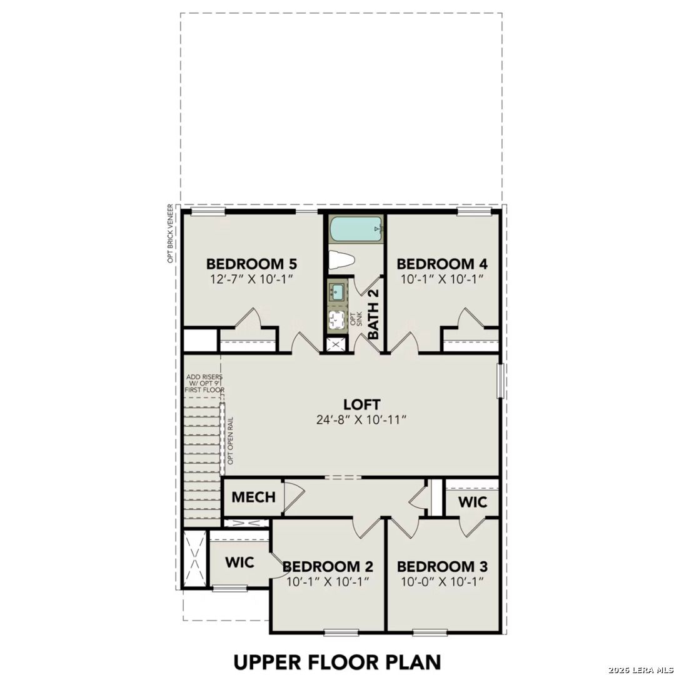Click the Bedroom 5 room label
click(251, 263)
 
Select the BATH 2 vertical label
click(373, 314)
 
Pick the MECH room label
click(253, 497)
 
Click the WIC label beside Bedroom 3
click(472, 502)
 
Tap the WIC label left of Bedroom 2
click(239, 562)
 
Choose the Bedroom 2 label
click(328, 567)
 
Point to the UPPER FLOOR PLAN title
click(338, 661)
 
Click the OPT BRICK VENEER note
click(170, 233)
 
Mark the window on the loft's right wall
click(500, 381)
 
